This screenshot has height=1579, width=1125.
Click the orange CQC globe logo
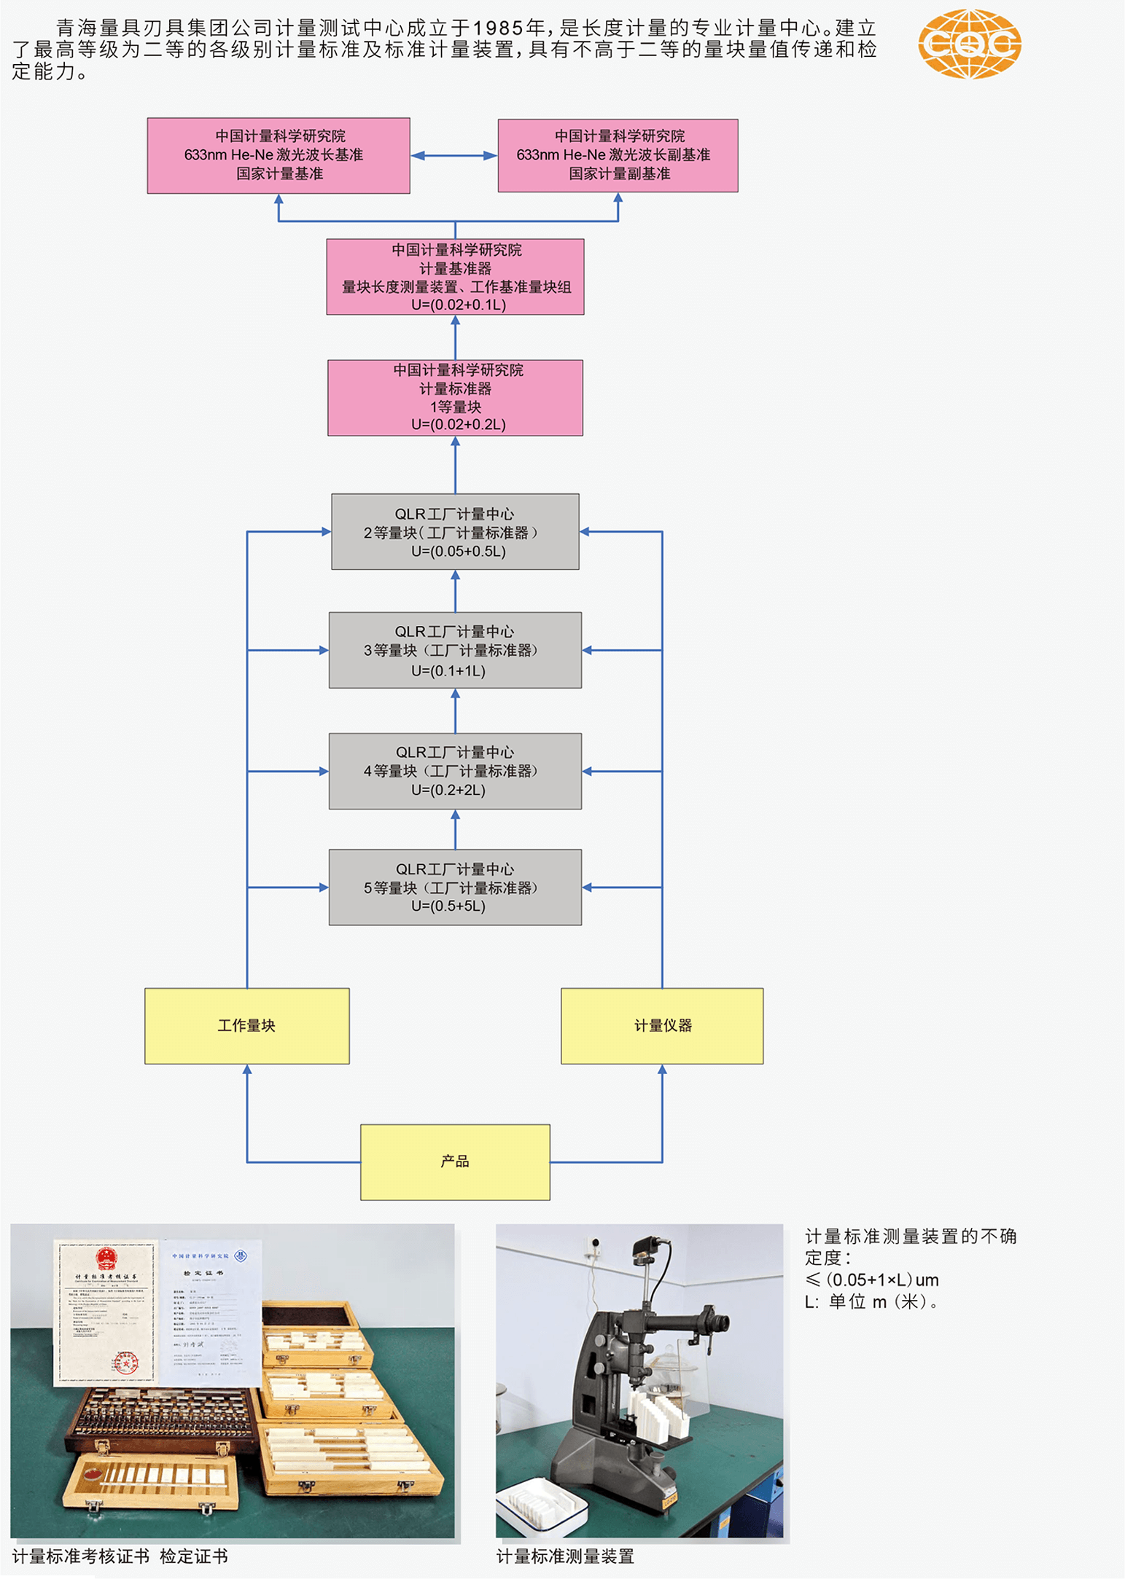969,44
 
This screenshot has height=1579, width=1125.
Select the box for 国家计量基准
279,155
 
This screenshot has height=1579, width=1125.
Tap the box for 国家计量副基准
618,155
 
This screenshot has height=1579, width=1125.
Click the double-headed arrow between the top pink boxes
453,155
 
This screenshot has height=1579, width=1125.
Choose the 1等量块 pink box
455,398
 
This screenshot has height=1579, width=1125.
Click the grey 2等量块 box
455,532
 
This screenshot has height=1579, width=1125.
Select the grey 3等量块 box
455,650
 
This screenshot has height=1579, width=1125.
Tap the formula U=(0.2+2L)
448,790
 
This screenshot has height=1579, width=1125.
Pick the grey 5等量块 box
455,888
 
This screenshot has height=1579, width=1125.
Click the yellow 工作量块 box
247,1026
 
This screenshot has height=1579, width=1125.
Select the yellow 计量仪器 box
662,1026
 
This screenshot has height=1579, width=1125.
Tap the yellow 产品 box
455,1162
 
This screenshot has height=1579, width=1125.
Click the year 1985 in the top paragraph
499,28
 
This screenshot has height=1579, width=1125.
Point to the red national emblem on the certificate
106,1258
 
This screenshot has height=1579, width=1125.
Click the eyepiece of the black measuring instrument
721,1321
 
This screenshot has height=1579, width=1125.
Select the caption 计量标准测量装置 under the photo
565,1557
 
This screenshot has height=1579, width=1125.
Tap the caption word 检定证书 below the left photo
194,1557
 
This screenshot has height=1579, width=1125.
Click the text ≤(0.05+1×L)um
871,1280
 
